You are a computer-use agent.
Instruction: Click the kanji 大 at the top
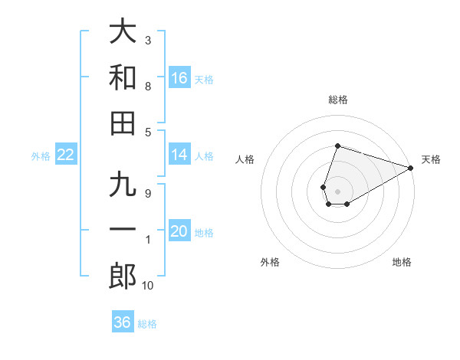click(123, 32)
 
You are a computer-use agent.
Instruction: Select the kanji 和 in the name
click(123, 77)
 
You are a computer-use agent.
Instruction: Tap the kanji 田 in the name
click(123, 123)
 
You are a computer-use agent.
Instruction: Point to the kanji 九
click(123, 186)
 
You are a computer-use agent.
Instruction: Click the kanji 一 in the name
click(123, 231)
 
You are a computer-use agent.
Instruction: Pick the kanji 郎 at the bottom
click(123, 276)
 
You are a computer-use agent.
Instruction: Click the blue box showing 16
click(179, 78)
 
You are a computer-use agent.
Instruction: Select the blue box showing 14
click(179, 155)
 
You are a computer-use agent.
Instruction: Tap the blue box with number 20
click(179, 232)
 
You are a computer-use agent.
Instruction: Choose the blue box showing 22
click(66, 155)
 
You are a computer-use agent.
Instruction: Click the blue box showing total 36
click(123, 322)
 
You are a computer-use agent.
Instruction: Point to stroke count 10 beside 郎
click(148, 286)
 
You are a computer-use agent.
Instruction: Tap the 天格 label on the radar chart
click(431, 159)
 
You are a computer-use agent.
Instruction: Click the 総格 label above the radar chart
click(338, 100)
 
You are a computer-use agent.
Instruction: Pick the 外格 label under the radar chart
click(270, 262)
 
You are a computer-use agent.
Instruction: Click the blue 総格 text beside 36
click(148, 324)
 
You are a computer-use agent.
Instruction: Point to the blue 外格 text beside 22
click(41, 156)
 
